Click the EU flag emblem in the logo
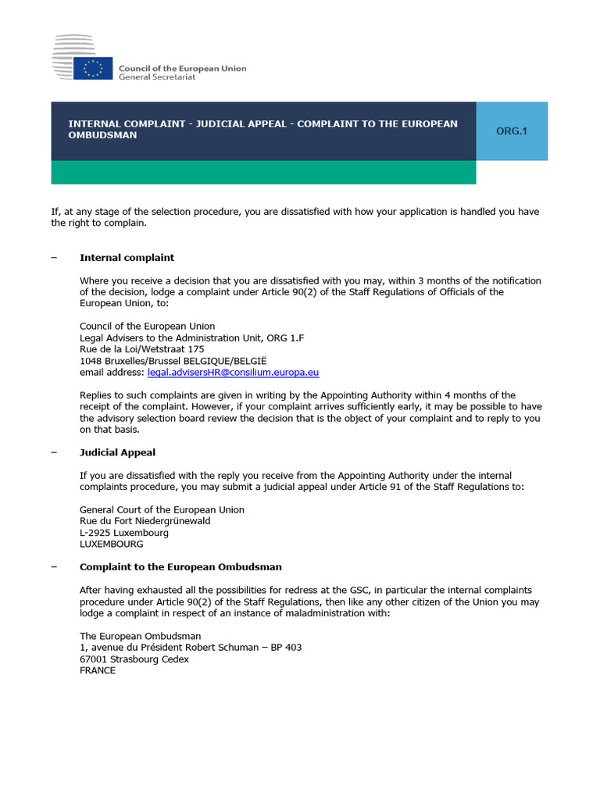tap(93, 68)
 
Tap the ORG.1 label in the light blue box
tap(512, 130)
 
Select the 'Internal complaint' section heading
tap(127, 258)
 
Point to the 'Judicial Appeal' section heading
tap(117, 452)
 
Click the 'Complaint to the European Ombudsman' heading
tap(180, 566)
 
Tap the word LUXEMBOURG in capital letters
tap(112, 544)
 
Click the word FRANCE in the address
tap(98, 670)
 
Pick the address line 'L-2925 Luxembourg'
tap(124, 533)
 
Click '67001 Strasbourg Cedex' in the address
tap(134, 659)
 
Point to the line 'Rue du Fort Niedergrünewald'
tap(145, 521)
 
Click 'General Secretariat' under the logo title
tap(157, 77)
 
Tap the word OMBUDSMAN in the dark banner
tap(102, 135)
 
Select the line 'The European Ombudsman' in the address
tap(140, 636)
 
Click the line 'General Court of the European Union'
tap(162, 509)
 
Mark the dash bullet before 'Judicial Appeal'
tap(54, 452)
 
